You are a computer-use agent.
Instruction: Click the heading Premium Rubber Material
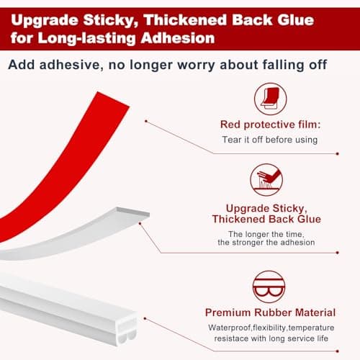point(269,312)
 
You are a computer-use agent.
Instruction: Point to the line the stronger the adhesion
point(267,243)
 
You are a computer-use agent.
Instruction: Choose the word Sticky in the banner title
point(115,16)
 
